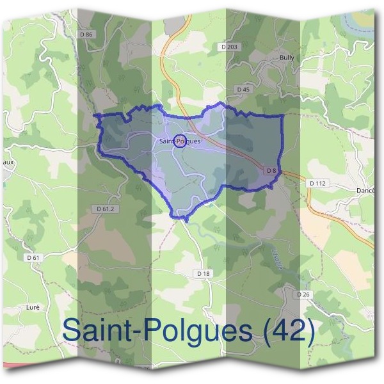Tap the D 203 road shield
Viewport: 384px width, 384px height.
coord(228,47)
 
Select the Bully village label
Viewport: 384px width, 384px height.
coord(287,58)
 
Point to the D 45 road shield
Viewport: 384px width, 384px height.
coord(243,90)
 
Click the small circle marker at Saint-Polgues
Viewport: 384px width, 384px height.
coord(180,141)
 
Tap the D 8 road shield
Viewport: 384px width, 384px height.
coord(271,170)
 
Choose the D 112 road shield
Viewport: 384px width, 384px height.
coord(317,184)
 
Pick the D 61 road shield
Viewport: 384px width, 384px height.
coord(34,257)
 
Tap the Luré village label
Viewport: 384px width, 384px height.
coord(33,307)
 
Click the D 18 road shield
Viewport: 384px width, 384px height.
coord(204,273)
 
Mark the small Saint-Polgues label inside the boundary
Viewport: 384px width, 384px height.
coord(180,141)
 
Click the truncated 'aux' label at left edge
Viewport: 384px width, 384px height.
coord(7,163)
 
